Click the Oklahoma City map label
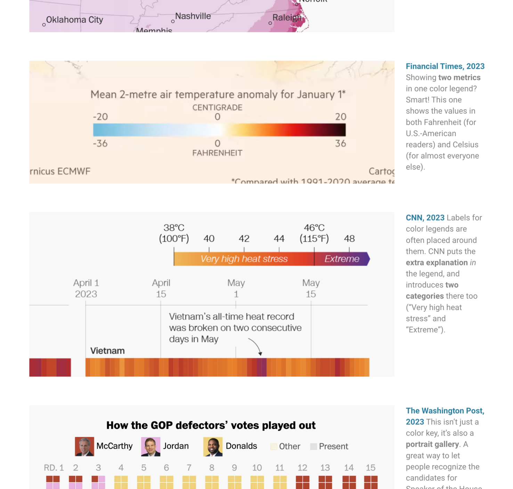tap(74, 20)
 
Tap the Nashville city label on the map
tap(193, 16)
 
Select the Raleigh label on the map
tap(287, 17)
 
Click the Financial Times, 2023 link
tap(445, 66)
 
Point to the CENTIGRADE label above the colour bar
tap(217, 108)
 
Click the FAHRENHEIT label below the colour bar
tap(217, 153)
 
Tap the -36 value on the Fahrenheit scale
tap(100, 143)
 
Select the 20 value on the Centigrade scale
tap(340, 117)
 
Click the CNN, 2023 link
tap(425, 218)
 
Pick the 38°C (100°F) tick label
tap(174, 233)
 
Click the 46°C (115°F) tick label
tap(314, 233)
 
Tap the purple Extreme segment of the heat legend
tap(342, 259)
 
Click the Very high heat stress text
tap(244, 259)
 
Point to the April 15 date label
tap(161, 288)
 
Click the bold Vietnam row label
tap(107, 351)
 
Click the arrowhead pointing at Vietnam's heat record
tap(260, 354)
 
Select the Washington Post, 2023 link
tap(445, 416)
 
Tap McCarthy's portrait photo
tap(84, 447)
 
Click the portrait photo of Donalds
tap(213, 447)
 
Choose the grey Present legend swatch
tap(313, 447)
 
